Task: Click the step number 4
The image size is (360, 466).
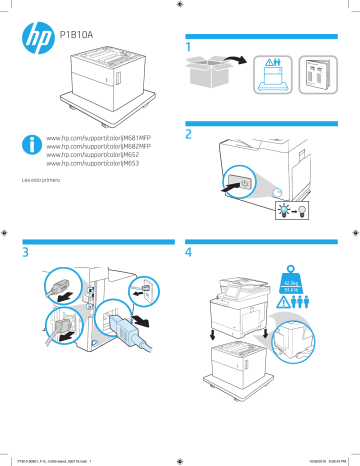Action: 188,254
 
